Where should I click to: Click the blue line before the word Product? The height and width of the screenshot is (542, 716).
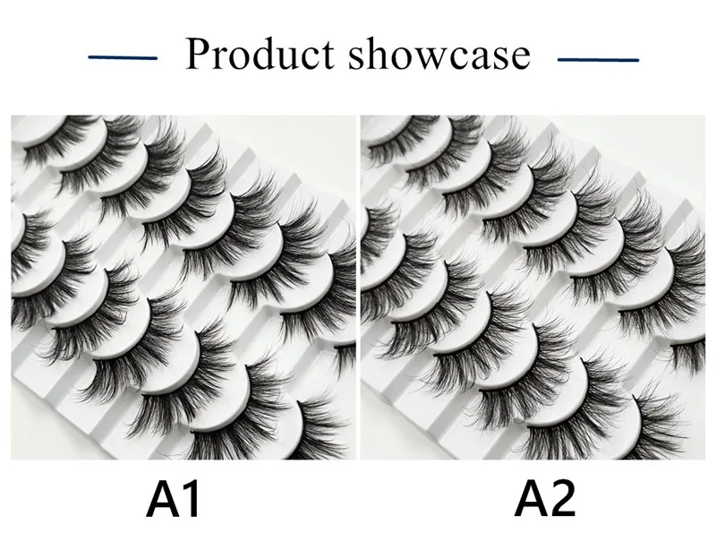[x=124, y=58]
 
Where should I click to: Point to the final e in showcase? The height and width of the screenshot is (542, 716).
[x=520, y=58]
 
